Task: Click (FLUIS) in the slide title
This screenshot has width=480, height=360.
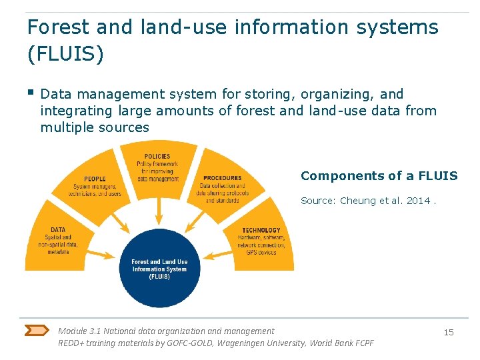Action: [x=65, y=54]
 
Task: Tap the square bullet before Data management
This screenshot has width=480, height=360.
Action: [x=31, y=93]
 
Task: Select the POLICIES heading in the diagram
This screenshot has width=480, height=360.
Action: [x=157, y=157]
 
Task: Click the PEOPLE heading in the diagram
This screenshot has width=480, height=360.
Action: [x=95, y=179]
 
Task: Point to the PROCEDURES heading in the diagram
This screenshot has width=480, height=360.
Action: [x=222, y=178]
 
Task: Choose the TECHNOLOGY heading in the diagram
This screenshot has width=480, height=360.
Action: [x=261, y=231]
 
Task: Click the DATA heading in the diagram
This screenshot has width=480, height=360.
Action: [x=58, y=230]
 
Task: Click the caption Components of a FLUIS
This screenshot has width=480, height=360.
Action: [x=379, y=176]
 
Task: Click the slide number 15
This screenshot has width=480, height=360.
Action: [x=449, y=332]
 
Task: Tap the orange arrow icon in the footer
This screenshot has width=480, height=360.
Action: [x=37, y=330]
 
